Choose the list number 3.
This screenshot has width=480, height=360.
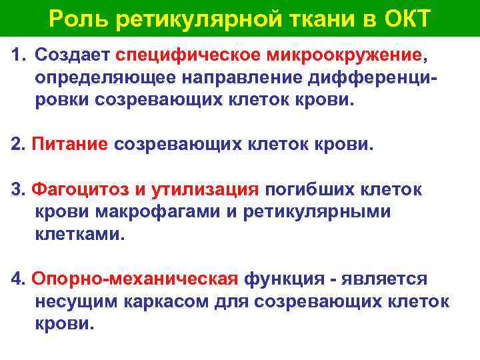(17, 189)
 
